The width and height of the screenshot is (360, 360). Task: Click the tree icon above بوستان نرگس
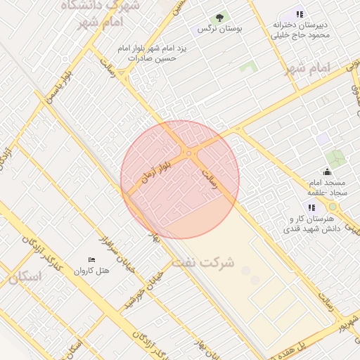219,18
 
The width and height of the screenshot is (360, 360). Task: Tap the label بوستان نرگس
219,30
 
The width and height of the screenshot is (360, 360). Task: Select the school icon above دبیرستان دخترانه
300,14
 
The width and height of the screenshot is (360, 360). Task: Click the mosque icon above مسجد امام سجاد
326,172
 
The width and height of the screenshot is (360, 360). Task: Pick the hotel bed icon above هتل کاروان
91,260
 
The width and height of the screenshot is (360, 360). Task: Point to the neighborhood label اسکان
25,276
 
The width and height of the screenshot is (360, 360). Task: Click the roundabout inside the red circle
188,153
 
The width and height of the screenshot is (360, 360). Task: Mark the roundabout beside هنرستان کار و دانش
332,207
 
